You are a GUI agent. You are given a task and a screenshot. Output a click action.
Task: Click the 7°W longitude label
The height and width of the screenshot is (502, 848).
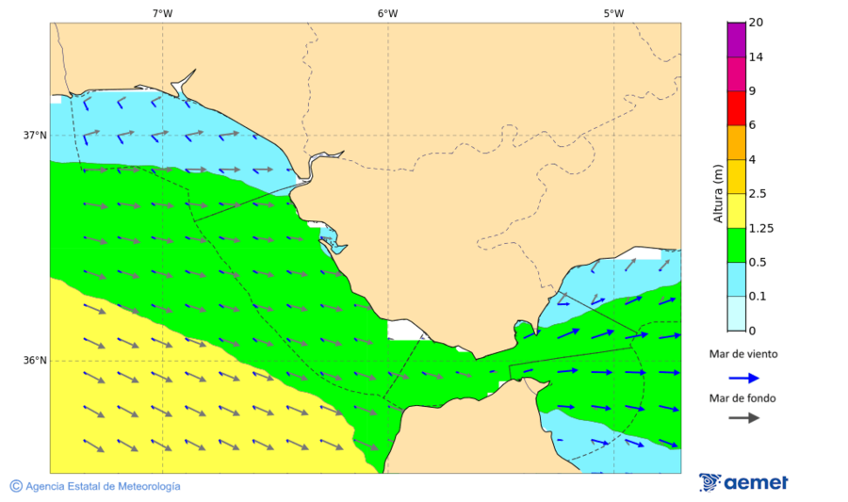click(162, 13)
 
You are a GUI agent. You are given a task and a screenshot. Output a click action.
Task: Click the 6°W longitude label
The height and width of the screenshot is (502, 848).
click(387, 13)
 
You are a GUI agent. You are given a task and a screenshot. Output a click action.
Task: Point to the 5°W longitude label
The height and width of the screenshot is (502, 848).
click(613, 13)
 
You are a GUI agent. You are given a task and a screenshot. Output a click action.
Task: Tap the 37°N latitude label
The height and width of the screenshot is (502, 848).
click(35, 135)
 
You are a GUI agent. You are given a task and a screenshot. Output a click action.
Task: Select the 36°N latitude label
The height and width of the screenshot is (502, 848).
click(35, 361)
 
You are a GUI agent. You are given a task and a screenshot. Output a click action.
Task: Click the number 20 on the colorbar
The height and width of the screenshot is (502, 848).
click(756, 23)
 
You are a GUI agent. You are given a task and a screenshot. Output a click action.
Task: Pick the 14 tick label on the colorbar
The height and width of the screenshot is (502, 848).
click(756, 57)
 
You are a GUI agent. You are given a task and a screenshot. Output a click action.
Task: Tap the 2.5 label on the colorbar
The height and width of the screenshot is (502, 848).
click(758, 194)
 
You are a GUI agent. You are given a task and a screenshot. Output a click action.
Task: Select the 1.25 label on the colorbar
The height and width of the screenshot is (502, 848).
click(760, 228)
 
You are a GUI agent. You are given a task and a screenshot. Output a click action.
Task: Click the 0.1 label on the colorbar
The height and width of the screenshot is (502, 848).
click(758, 297)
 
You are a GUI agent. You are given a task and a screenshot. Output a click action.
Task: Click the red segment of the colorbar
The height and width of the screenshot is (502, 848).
click(736, 108)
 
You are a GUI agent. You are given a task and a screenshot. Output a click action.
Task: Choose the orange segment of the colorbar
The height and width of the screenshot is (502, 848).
click(736, 142)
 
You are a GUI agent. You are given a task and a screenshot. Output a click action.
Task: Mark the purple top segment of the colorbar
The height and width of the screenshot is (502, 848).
click(736, 40)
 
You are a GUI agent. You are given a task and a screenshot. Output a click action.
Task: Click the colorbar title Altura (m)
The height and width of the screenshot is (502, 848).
click(718, 192)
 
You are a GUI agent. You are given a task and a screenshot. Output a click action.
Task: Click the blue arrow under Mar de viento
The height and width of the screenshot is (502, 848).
click(744, 378)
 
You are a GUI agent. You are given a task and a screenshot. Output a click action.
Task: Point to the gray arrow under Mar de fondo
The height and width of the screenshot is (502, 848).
click(744, 417)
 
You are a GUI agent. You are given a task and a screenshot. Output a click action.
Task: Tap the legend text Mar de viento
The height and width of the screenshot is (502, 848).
click(743, 354)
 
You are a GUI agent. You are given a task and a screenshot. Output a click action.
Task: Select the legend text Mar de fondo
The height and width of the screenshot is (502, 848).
click(743, 397)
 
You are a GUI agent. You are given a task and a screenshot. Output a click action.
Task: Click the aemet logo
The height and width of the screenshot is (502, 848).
click(743, 482)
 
